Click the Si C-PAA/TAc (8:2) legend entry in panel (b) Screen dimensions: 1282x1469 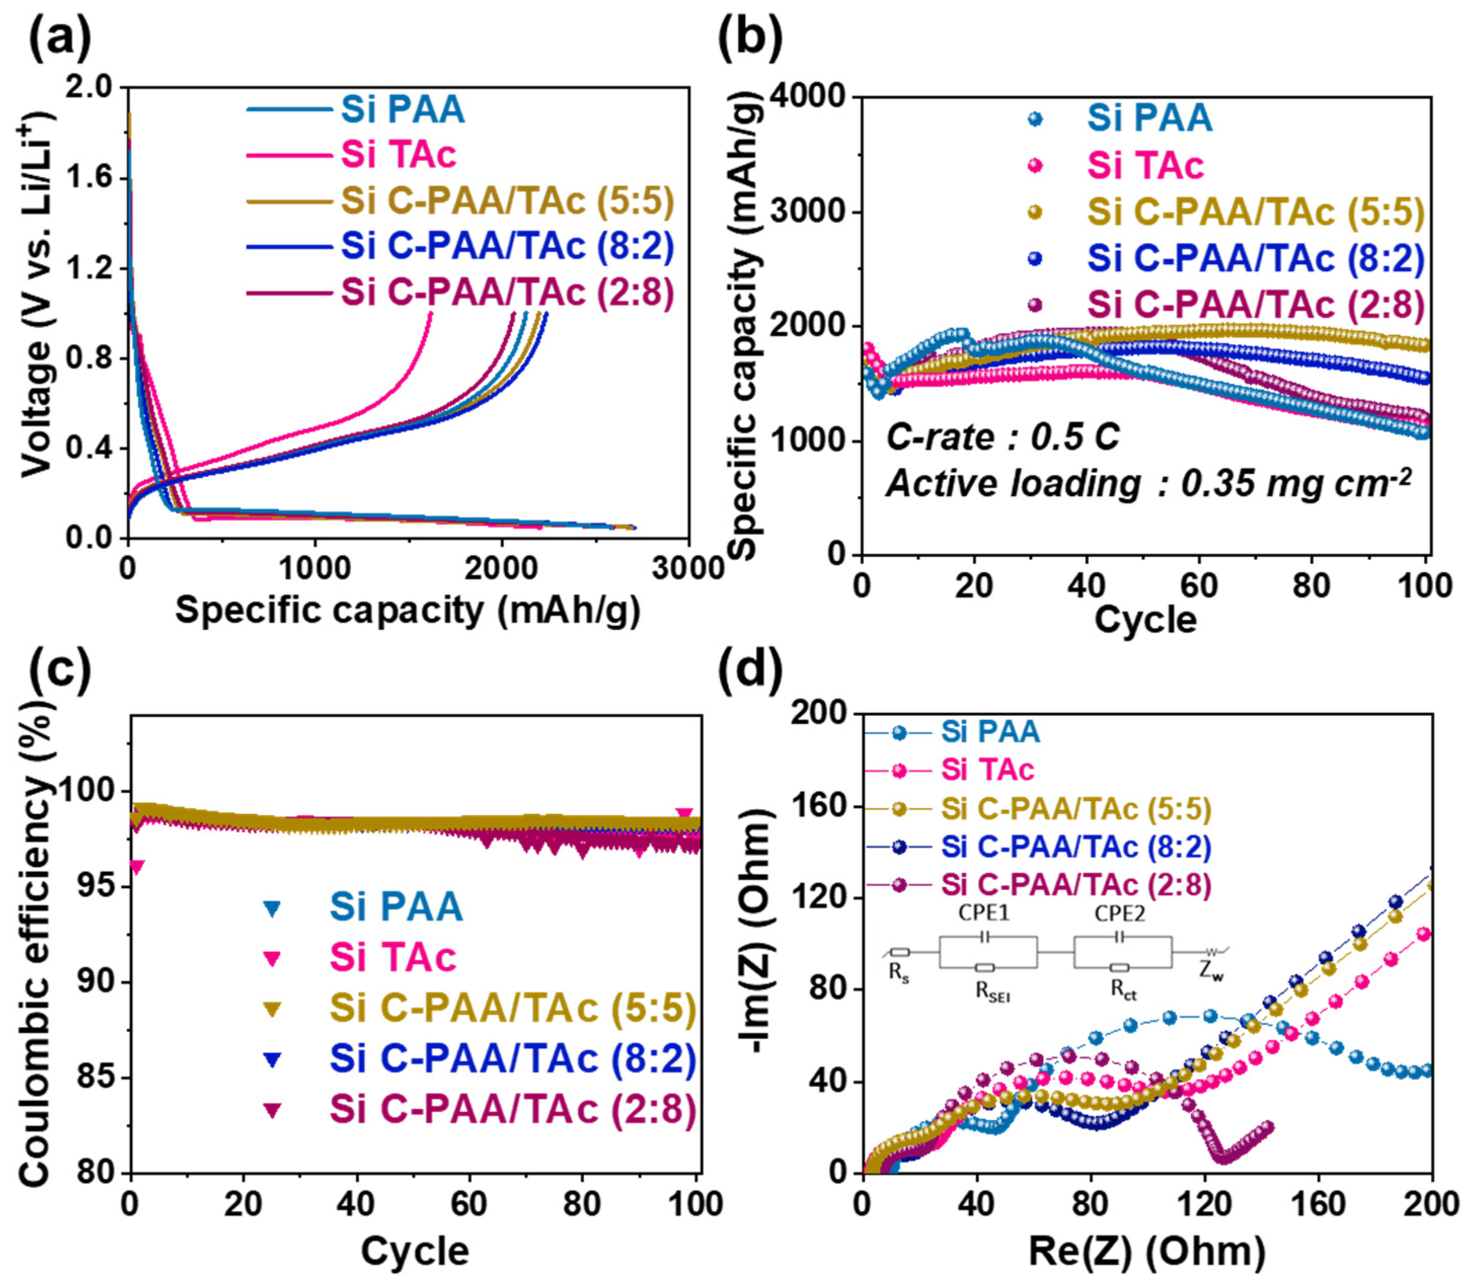pyautogui.click(x=1256, y=258)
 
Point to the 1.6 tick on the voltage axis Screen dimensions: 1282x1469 pyautogui.click(x=90, y=178)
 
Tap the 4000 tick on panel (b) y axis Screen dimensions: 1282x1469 pyautogui.click(x=814, y=97)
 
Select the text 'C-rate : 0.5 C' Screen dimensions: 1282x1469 pyautogui.click(x=1002, y=437)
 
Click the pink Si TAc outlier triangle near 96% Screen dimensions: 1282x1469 pyautogui.click(x=136, y=867)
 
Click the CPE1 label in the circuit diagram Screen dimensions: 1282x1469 pyautogui.click(x=984, y=914)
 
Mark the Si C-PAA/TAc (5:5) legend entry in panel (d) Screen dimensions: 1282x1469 pyautogui.click(x=1075, y=809)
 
